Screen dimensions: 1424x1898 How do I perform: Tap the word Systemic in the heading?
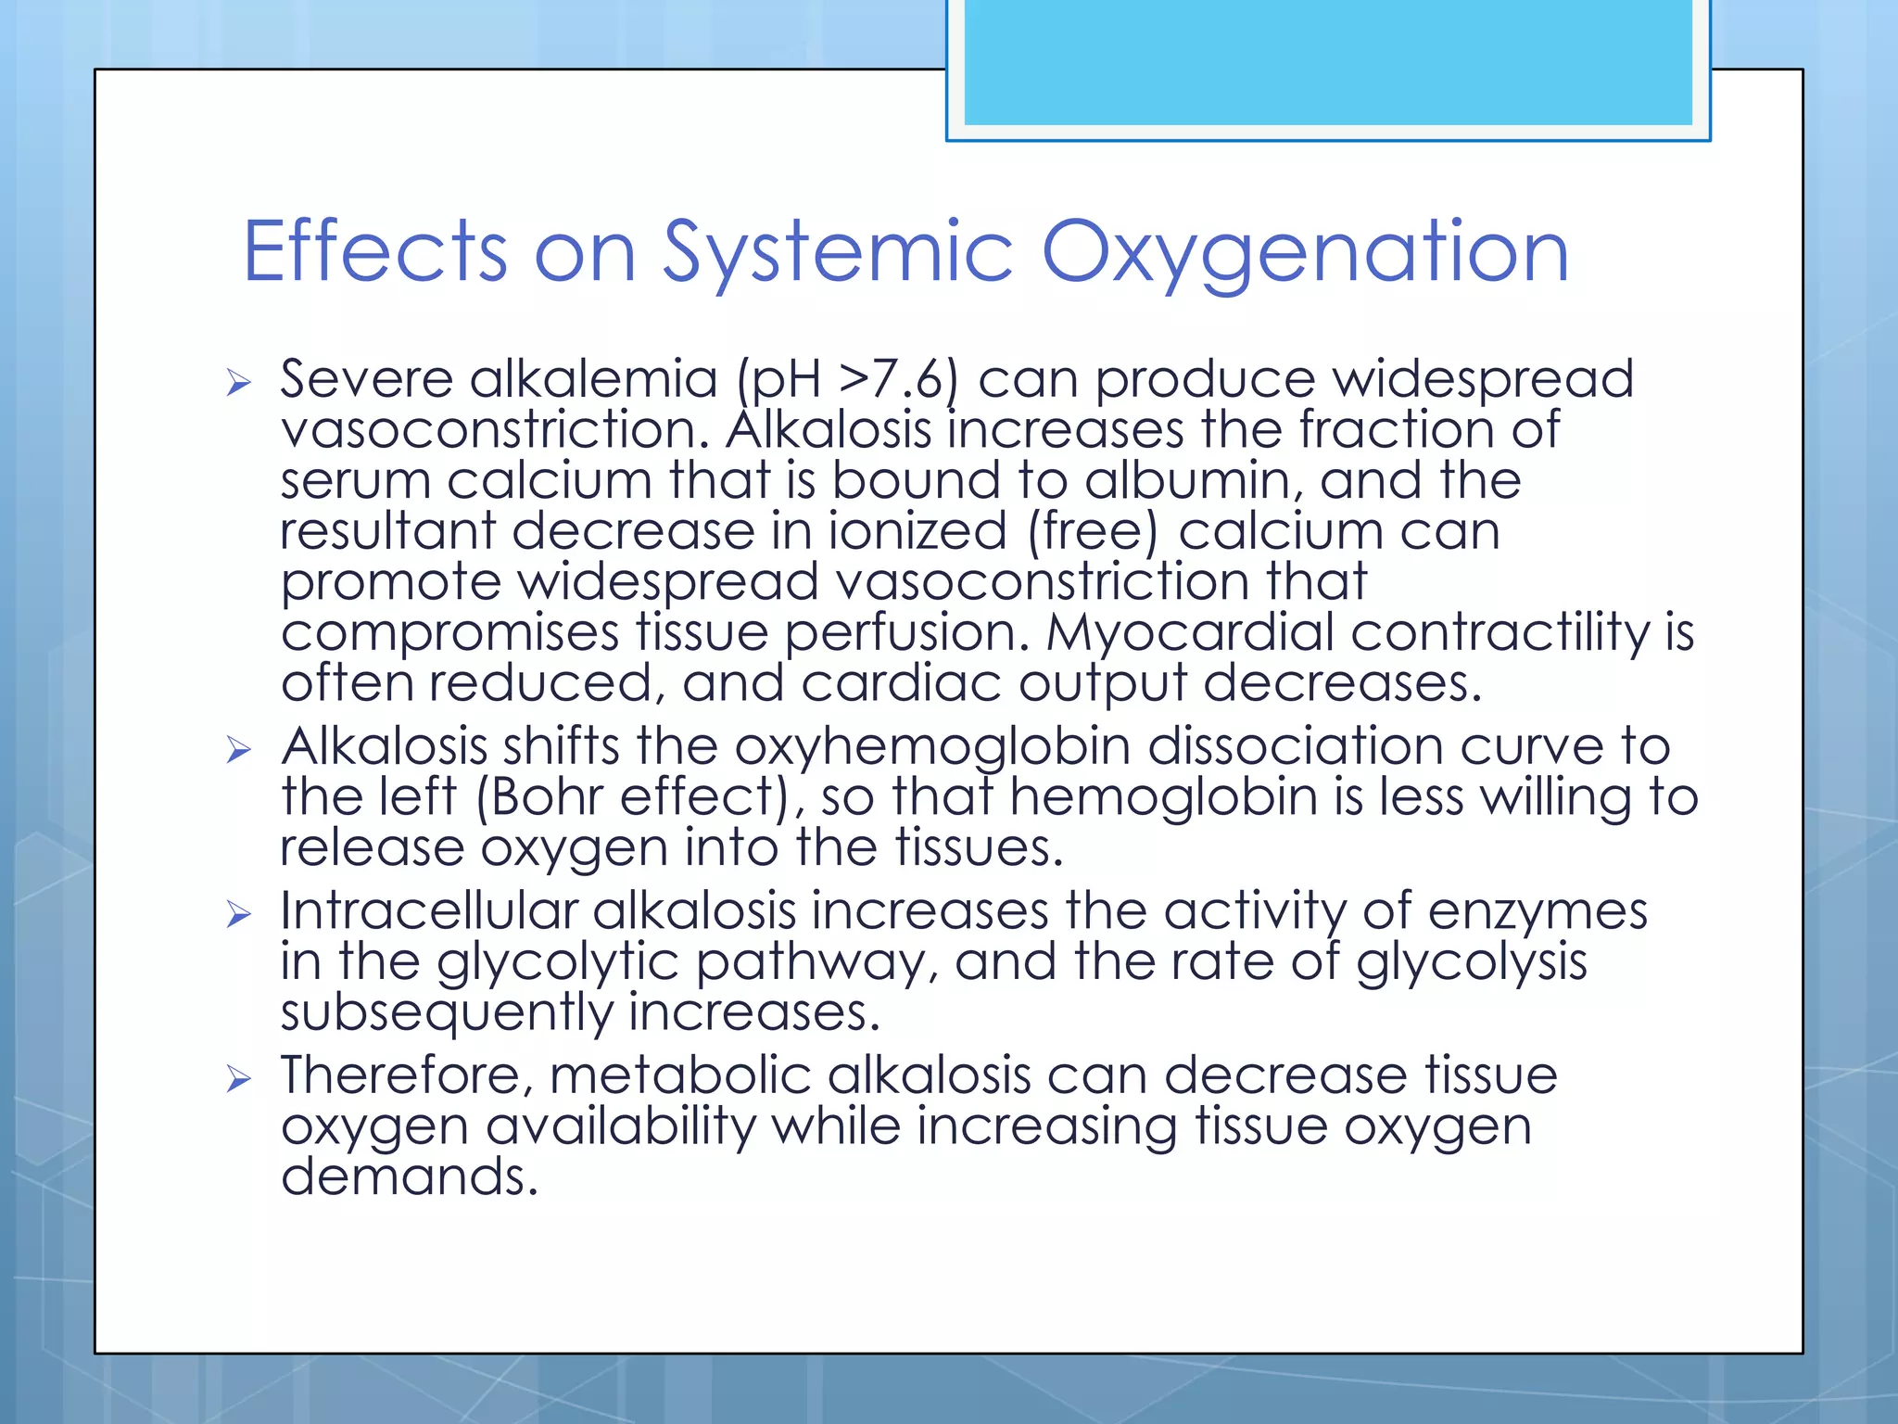838,252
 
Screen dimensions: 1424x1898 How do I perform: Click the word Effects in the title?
374,252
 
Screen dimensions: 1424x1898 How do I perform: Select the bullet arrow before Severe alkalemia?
239,382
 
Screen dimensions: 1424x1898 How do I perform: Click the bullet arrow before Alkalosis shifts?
239,749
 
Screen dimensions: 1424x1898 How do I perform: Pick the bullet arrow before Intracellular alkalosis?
239,914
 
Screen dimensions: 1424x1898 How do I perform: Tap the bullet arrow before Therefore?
239,1078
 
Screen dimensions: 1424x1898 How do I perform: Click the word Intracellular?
428,910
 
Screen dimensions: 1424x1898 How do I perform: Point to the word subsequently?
446,1013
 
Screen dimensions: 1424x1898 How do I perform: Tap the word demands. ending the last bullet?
409,1177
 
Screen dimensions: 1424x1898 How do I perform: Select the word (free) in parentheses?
1093,532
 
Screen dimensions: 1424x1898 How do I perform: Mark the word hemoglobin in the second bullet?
1163,798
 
